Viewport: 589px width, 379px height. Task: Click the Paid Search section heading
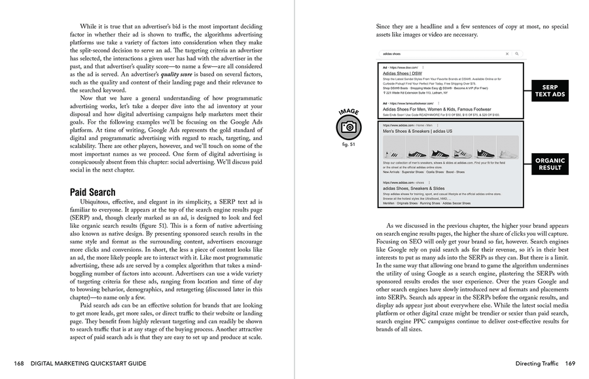[92, 192]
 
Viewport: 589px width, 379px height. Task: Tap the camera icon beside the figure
[349, 127]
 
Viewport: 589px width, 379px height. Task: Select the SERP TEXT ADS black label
[550, 91]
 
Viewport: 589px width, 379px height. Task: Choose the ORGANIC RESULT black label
[550, 164]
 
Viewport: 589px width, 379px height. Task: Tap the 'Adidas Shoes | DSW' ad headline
[401, 73]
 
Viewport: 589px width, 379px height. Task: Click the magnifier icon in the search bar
[516, 54]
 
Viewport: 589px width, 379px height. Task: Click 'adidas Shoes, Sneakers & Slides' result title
[415, 189]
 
